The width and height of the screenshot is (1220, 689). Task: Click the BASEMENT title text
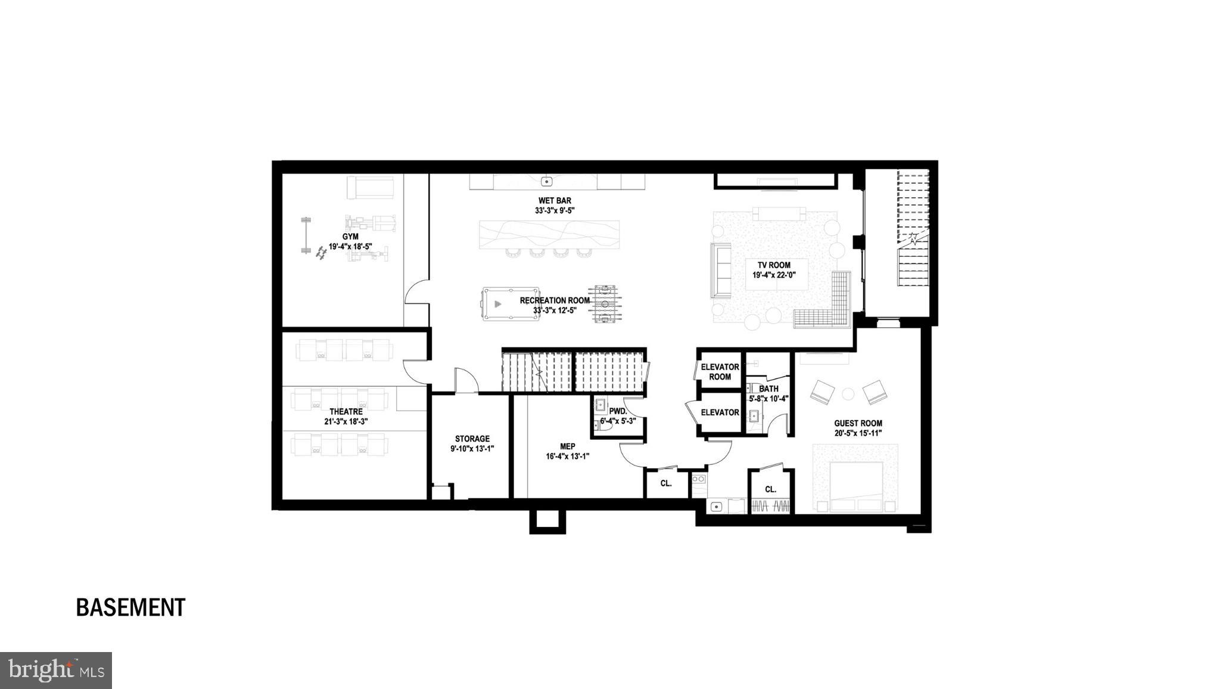click(x=130, y=607)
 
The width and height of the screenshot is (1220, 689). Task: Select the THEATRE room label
click(x=346, y=411)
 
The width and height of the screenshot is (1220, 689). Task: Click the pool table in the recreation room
click(x=511, y=304)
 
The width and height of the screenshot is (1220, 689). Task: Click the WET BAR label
click(x=555, y=200)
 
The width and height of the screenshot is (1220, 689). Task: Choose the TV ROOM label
click(x=774, y=265)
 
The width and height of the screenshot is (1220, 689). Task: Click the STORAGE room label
click(x=472, y=439)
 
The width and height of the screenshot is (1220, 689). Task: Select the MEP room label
click(x=568, y=446)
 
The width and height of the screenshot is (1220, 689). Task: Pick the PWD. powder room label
click(x=618, y=411)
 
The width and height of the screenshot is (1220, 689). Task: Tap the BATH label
click(x=768, y=389)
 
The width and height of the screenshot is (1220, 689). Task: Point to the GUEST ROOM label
click(x=858, y=423)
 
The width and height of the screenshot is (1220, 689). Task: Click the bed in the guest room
click(x=857, y=484)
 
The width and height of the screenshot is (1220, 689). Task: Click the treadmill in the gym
click(x=371, y=188)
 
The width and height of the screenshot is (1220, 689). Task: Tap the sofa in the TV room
click(x=721, y=270)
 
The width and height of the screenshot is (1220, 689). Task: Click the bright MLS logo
click(x=56, y=671)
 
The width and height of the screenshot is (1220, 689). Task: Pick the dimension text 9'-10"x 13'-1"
click(x=472, y=449)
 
